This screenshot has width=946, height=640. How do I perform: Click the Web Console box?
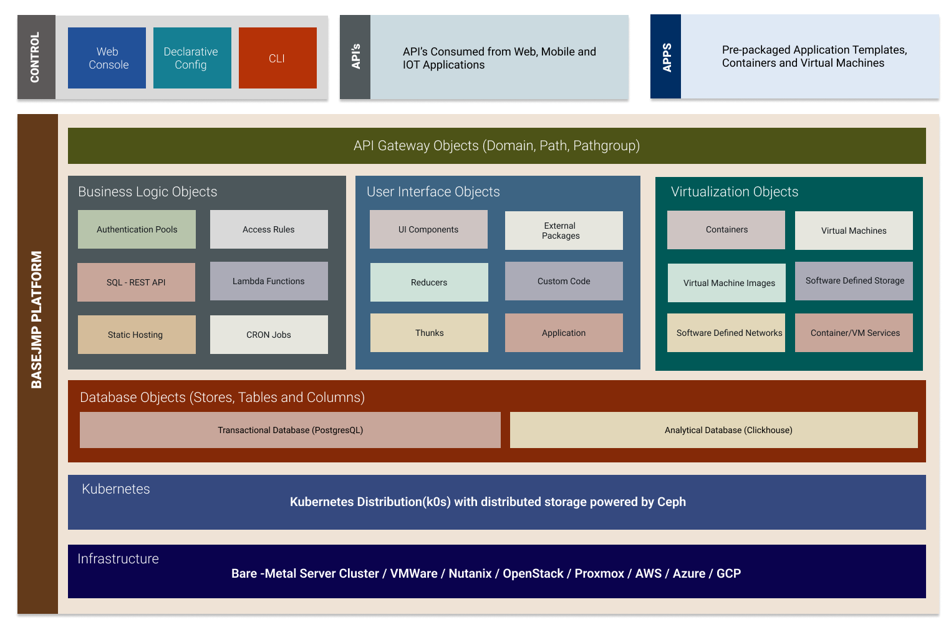pos(107,58)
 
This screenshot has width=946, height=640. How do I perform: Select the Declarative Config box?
pos(192,58)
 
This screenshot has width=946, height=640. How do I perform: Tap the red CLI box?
pos(278,58)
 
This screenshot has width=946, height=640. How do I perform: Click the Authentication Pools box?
pos(137,229)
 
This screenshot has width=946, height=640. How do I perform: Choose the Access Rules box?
pos(269,229)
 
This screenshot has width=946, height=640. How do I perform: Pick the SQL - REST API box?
pos(136,282)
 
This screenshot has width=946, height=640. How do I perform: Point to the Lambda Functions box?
pos(269,281)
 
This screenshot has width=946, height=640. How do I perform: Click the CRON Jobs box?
pos(269,335)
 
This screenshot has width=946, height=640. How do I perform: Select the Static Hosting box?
pos(137,335)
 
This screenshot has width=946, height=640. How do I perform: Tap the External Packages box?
pos(564,231)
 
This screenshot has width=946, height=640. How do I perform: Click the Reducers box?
pos(429,282)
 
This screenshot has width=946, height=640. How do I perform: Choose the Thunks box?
pos(429,333)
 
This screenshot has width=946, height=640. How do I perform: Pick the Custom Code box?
pos(564,281)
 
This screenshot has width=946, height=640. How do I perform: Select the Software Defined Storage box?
pos(854,281)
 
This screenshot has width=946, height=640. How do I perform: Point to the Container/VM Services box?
pos(854,333)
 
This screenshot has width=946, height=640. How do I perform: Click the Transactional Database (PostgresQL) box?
pos(290,430)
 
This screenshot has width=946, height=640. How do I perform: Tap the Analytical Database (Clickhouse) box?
pos(713,430)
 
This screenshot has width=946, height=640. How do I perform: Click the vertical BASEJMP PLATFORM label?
pos(37,320)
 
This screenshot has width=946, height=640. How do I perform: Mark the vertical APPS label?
pos(666,57)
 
